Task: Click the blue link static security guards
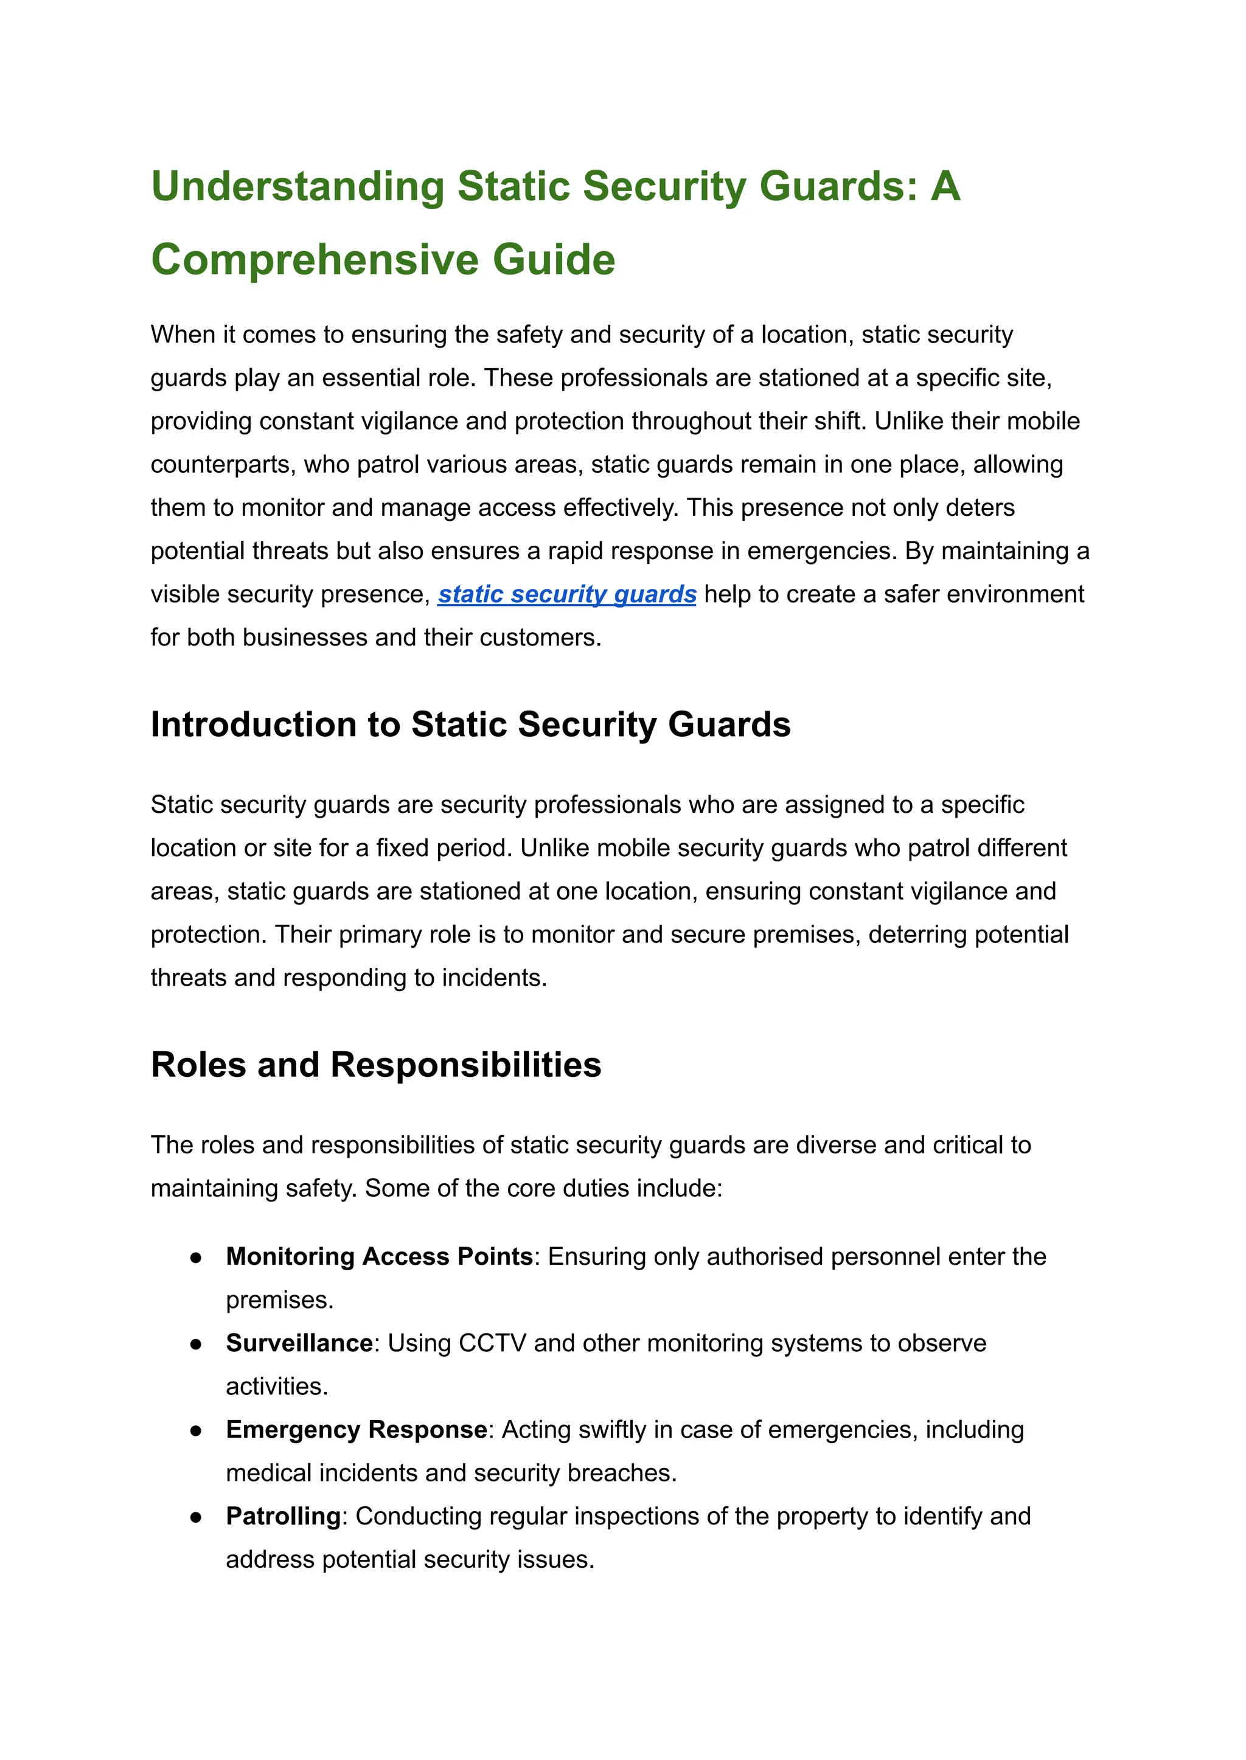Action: click(567, 594)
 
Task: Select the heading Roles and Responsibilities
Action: click(376, 1065)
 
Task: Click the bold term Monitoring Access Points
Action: click(379, 1257)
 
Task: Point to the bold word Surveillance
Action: click(299, 1343)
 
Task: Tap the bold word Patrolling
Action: click(283, 1517)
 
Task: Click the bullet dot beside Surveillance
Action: click(197, 1344)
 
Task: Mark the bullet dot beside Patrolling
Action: click(197, 1517)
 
